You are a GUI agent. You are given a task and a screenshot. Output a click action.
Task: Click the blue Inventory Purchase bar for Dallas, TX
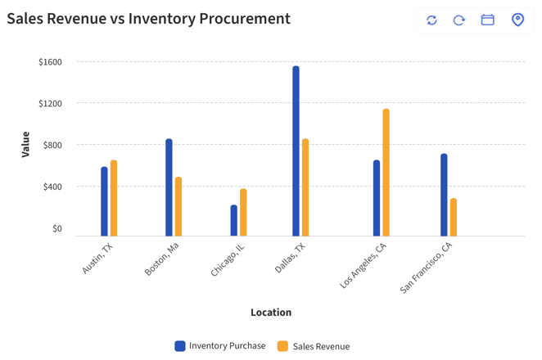(296, 151)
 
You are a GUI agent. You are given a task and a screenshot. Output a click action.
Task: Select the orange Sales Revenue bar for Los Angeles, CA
(386, 173)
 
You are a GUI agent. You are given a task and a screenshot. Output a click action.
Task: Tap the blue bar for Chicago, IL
(234, 220)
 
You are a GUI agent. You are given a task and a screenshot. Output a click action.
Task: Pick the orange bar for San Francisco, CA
(454, 217)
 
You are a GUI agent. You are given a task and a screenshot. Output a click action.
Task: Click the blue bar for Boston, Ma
(169, 187)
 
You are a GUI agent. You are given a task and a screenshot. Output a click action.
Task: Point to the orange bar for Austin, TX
(114, 198)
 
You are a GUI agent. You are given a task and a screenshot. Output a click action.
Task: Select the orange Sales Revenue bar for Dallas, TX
(305, 187)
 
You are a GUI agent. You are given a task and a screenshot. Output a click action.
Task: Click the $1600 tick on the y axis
(50, 62)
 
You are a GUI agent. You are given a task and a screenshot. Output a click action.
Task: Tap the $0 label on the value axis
(56, 228)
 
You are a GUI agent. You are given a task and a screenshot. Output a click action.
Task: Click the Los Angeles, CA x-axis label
(364, 265)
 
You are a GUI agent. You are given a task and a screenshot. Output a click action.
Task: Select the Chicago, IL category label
(228, 259)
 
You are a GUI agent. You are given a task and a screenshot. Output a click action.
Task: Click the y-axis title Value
(25, 145)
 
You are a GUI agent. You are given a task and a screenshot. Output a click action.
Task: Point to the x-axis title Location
(271, 312)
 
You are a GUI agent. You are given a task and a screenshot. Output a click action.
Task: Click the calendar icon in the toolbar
(487, 20)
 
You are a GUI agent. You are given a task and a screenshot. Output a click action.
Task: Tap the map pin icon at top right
(517, 20)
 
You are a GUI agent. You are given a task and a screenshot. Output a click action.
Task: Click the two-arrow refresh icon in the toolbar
(431, 20)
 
